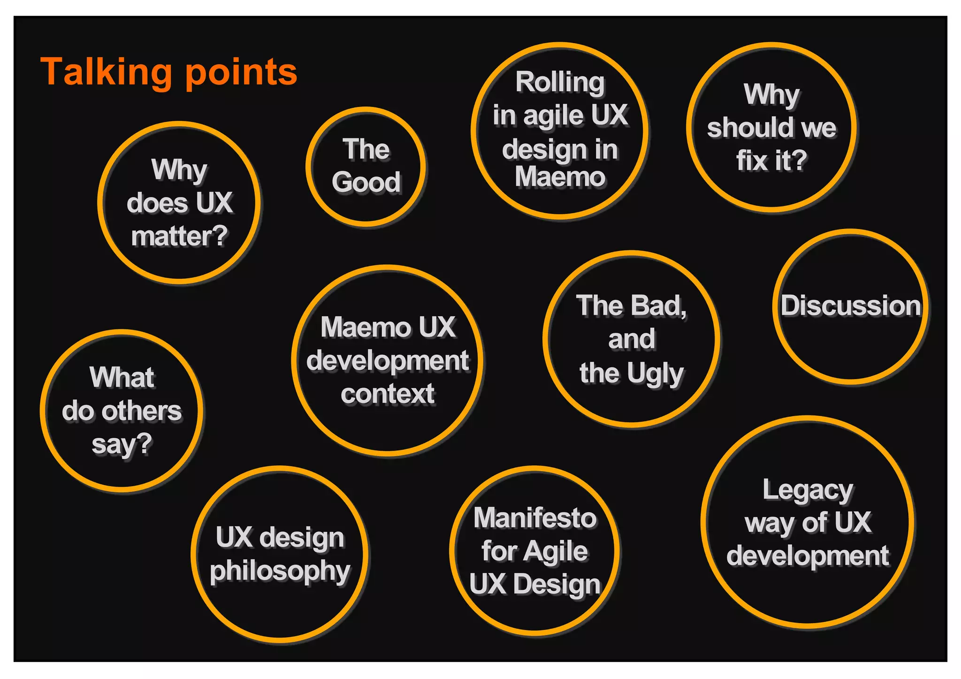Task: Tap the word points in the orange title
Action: coord(241,73)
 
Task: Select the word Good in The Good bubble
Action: coord(366,182)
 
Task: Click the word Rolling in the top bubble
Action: coord(560,83)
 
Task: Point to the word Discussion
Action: coord(850,306)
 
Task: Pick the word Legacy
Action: coord(808,491)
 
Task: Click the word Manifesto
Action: coord(535,518)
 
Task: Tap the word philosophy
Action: coord(280,572)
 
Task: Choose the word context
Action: coord(388,394)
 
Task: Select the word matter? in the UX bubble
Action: coord(179,237)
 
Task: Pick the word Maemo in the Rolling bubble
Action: coord(560,177)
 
